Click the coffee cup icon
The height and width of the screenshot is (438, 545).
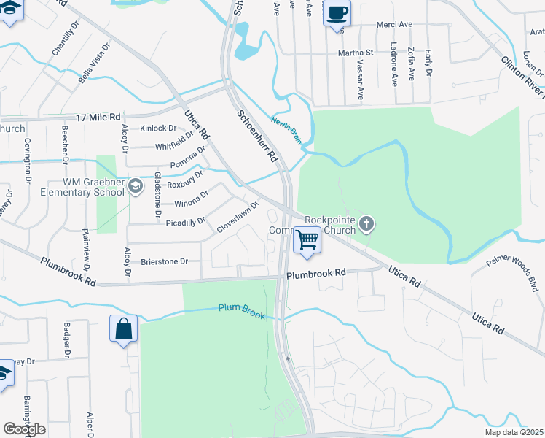pyautogui.click(x=337, y=13)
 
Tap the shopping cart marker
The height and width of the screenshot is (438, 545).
pyautogui.click(x=307, y=240)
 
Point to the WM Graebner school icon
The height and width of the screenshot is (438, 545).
pyautogui.click(x=136, y=187)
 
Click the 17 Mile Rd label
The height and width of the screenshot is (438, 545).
pyautogui.click(x=98, y=116)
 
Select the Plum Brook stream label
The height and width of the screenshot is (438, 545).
pyautogui.click(x=242, y=310)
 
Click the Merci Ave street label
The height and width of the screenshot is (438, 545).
pyautogui.click(x=394, y=24)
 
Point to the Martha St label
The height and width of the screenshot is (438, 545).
pyautogui.click(x=355, y=53)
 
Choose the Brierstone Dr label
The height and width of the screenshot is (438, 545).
pyautogui.click(x=164, y=261)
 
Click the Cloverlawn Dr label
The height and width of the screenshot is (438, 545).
pyautogui.click(x=238, y=218)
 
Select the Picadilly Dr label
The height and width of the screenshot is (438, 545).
pyautogui.click(x=186, y=222)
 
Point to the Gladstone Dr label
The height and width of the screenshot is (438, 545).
pyautogui.click(x=157, y=196)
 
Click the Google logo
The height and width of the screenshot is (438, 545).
pyautogui.click(x=24, y=429)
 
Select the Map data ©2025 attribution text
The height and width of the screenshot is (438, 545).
pyautogui.click(x=514, y=432)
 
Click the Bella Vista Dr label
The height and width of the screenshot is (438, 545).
pyautogui.click(x=95, y=62)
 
